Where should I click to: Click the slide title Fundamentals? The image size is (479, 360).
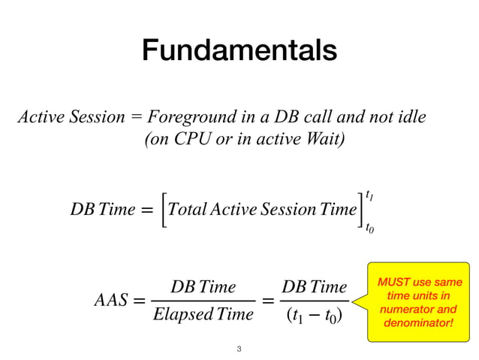[x=239, y=50]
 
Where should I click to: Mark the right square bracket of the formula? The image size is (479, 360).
[x=360, y=210]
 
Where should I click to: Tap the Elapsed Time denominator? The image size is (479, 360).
[x=203, y=314]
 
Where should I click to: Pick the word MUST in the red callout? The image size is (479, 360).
[x=394, y=282]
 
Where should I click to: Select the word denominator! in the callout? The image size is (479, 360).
[x=418, y=322]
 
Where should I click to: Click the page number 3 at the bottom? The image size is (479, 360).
[x=239, y=349]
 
